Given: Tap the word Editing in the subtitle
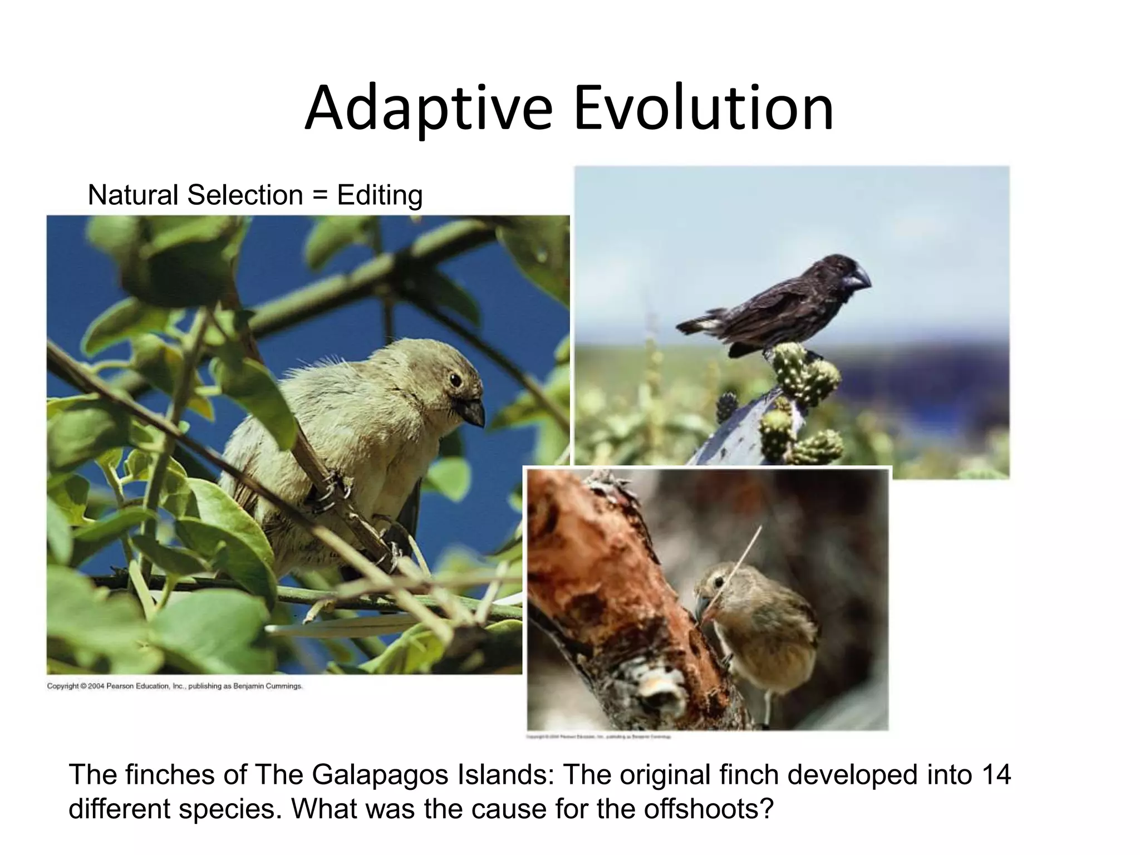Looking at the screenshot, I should [380, 195].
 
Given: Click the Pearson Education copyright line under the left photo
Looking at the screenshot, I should [174, 686].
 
